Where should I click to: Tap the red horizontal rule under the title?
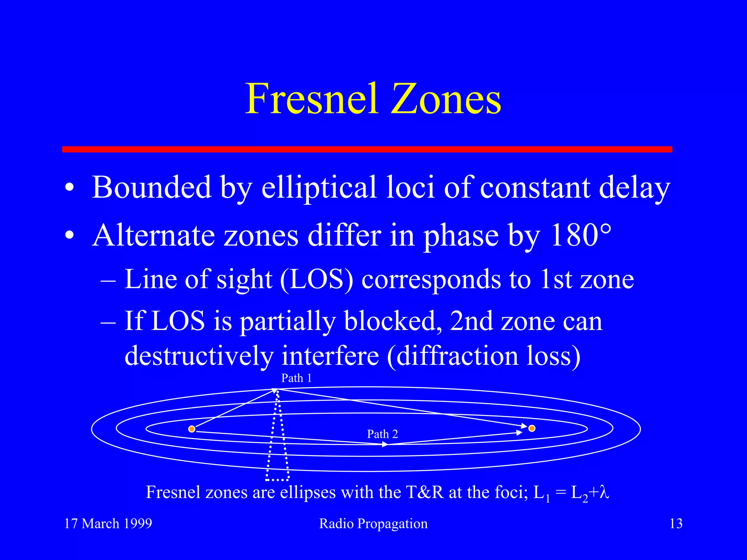(367, 149)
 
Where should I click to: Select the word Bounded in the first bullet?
(151, 187)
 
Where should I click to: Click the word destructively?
(199, 356)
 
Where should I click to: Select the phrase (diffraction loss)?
(484, 356)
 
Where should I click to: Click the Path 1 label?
(297, 378)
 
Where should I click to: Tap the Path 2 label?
(382, 434)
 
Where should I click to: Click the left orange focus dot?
(192, 429)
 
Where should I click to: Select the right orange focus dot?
(532, 428)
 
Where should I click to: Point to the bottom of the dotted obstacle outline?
(278, 479)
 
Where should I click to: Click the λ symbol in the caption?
(604, 493)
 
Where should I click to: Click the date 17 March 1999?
(108, 524)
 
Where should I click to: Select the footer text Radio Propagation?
(373, 524)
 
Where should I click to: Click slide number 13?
(676, 524)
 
